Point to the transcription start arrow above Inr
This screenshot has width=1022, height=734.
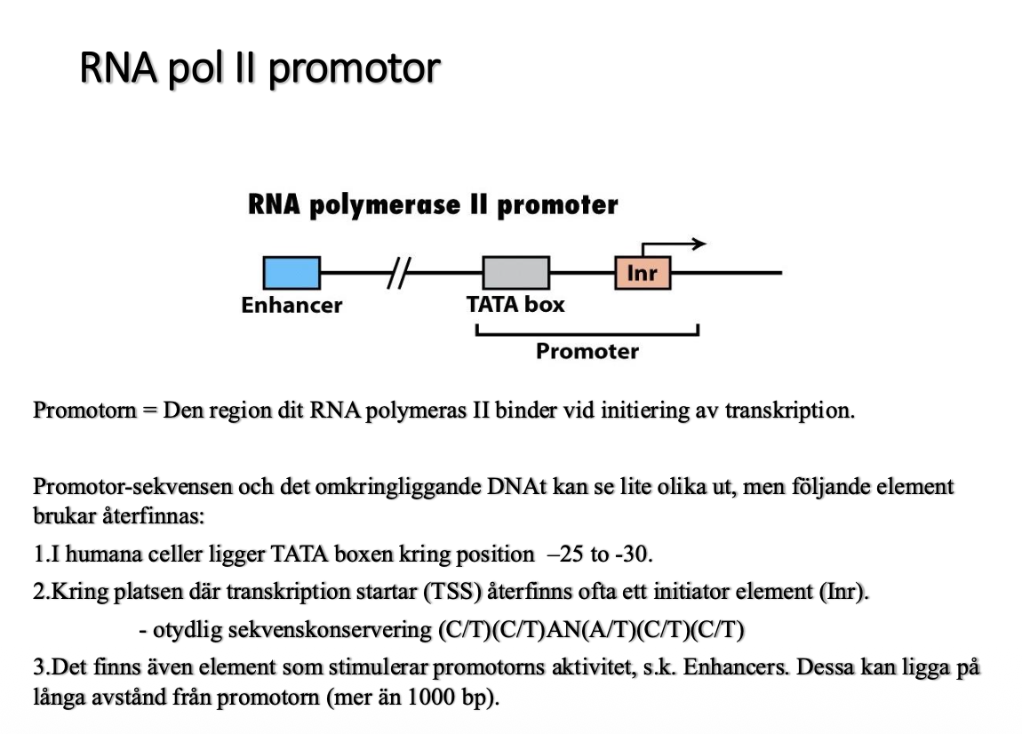pos(675,243)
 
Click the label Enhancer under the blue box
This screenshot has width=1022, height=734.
pos(291,306)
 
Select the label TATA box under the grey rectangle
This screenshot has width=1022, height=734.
pos(515,305)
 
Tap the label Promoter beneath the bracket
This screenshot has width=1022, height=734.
pos(587,351)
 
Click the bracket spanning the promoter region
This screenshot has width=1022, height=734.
pos(587,333)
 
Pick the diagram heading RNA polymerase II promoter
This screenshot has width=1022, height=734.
pos(432,205)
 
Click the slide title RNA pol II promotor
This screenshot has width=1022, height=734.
pos(259,68)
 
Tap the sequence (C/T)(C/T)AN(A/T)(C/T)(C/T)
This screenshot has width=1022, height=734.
pos(590,631)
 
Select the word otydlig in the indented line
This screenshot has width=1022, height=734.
pos(185,631)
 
